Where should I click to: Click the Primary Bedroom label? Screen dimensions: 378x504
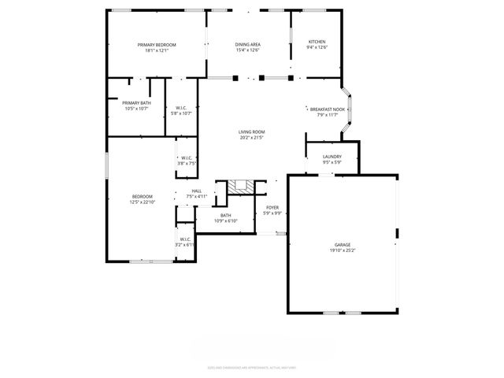pyautogui.click(x=157, y=45)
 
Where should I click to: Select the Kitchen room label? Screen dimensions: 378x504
pyautogui.click(x=317, y=42)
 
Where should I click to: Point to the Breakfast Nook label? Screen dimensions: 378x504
pyautogui.click(x=327, y=109)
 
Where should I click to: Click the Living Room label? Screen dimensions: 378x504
pyautogui.click(x=252, y=132)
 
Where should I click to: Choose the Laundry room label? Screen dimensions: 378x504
pyautogui.click(x=332, y=157)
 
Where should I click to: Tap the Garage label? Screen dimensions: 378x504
pyautogui.click(x=342, y=245)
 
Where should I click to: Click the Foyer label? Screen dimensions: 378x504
pyautogui.click(x=272, y=208)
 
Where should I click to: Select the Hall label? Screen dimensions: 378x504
pyautogui.click(x=196, y=191)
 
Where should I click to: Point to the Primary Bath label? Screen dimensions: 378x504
pyautogui.click(x=135, y=102)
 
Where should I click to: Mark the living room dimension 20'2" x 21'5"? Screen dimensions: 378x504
pyautogui.click(x=252, y=138)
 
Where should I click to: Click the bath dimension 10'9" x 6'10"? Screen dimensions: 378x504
pyautogui.click(x=226, y=221)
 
